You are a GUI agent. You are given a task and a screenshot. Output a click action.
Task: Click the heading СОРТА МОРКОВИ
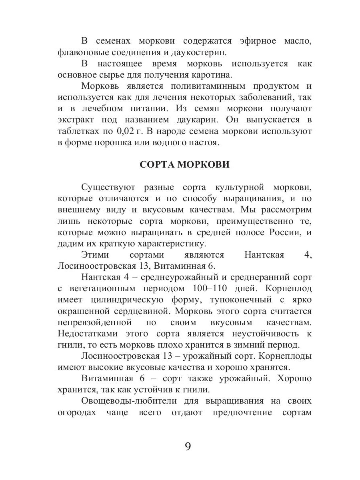(184, 165)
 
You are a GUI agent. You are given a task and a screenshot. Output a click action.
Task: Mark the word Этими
(94, 255)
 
